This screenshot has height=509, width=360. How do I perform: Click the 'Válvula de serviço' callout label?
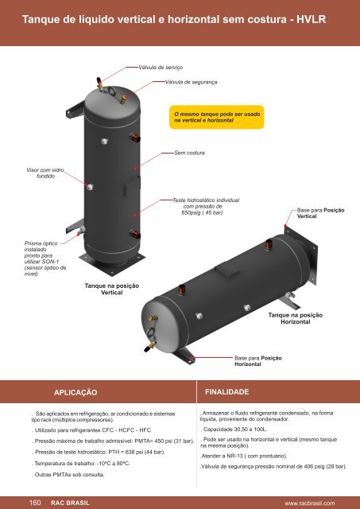coord(161,68)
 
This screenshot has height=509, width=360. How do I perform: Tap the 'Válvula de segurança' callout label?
coord(191,82)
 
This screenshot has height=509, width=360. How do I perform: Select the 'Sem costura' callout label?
coord(189,153)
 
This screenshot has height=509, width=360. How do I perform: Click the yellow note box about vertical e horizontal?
coord(217,117)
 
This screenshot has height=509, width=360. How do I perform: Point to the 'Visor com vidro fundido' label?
coord(45,173)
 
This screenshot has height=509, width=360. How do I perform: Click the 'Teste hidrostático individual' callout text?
coord(206,207)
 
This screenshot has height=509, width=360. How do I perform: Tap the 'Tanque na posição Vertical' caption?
coord(112,289)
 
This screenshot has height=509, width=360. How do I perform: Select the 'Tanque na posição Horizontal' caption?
coord(296,318)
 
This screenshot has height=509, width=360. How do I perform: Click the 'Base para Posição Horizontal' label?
coord(257,361)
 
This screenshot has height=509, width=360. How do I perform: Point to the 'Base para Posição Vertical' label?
coord(320,213)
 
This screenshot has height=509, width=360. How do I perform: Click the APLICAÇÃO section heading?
coord(75,392)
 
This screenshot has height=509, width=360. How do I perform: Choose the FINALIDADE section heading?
coord(227,392)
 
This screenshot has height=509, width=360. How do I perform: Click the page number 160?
coord(35,503)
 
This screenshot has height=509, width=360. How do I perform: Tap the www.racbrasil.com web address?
coord(310,503)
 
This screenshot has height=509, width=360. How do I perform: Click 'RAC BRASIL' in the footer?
coord(70,503)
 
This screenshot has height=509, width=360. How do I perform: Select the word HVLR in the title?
coord(311,19)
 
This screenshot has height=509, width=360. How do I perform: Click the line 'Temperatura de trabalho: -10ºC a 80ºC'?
coord(81,463)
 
